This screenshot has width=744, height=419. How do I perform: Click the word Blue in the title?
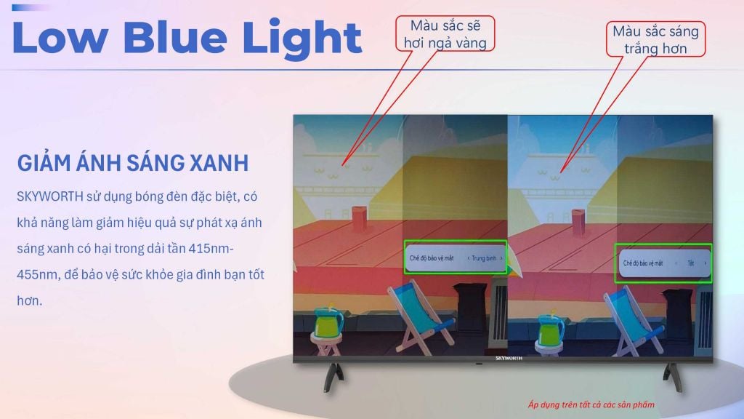176,36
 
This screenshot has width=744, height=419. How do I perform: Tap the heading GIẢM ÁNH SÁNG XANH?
133,162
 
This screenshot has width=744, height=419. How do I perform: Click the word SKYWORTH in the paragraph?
50,196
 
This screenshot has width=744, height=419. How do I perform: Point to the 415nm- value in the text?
211,249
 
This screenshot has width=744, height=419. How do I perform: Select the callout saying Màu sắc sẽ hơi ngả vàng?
445,33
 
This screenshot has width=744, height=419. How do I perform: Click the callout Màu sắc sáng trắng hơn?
656,39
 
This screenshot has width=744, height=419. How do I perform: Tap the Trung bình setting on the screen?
483,258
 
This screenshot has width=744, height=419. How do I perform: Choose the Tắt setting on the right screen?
690,263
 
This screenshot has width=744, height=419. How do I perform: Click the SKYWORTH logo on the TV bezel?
509,358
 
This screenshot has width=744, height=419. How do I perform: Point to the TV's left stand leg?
334,378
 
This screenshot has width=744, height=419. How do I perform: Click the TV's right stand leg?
674,378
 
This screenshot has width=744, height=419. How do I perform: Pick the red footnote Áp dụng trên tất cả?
591,404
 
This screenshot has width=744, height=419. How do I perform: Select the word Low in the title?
60,36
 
